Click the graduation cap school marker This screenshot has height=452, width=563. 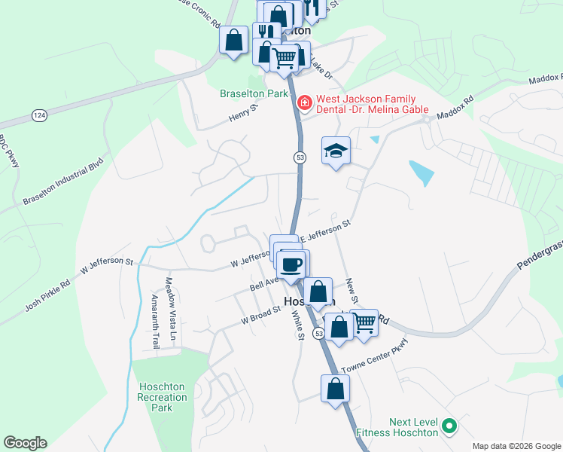pyautogui.click(x=336, y=151)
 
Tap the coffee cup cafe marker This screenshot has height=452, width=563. pyautogui.click(x=291, y=264)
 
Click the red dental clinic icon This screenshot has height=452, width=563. pyautogui.click(x=305, y=102)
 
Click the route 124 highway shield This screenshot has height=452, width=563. pyautogui.click(x=38, y=115)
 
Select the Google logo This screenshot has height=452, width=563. pyautogui.click(x=25, y=443)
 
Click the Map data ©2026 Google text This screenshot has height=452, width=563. pyautogui.click(x=516, y=446)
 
